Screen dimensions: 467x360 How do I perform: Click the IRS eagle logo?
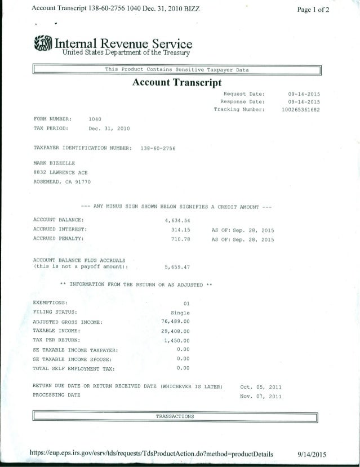pyautogui.click(x=44, y=45)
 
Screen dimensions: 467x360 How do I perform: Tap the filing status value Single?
pyautogui.click(x=180, y=312)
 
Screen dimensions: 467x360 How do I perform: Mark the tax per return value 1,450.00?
pyautogui.click(x=177, y=340)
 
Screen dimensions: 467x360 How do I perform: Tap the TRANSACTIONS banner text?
pyautogui.click(x=175, y=417)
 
